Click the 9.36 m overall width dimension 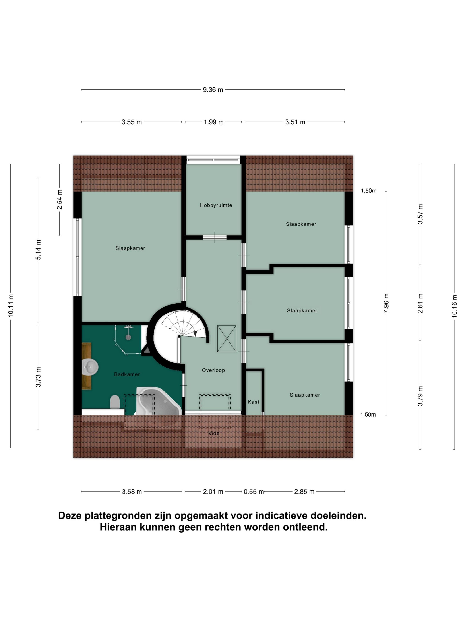tap(213, 90)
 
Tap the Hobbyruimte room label tap(216, 205)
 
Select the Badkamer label tap(127, 374)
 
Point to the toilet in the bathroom tap(115, 402)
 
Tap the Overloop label tap(213, 370)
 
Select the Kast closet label tap(253, 402)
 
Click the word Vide tap(214, 433)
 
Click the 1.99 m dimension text tap(214, 122)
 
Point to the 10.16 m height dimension tap(454, 306)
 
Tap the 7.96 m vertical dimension tap(386, 303)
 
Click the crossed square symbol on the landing tap(227, 338)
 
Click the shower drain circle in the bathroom tap(128, 337)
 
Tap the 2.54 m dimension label tap(59, 200)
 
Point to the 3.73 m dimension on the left tap(38, 377)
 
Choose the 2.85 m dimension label tap(304, 492)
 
